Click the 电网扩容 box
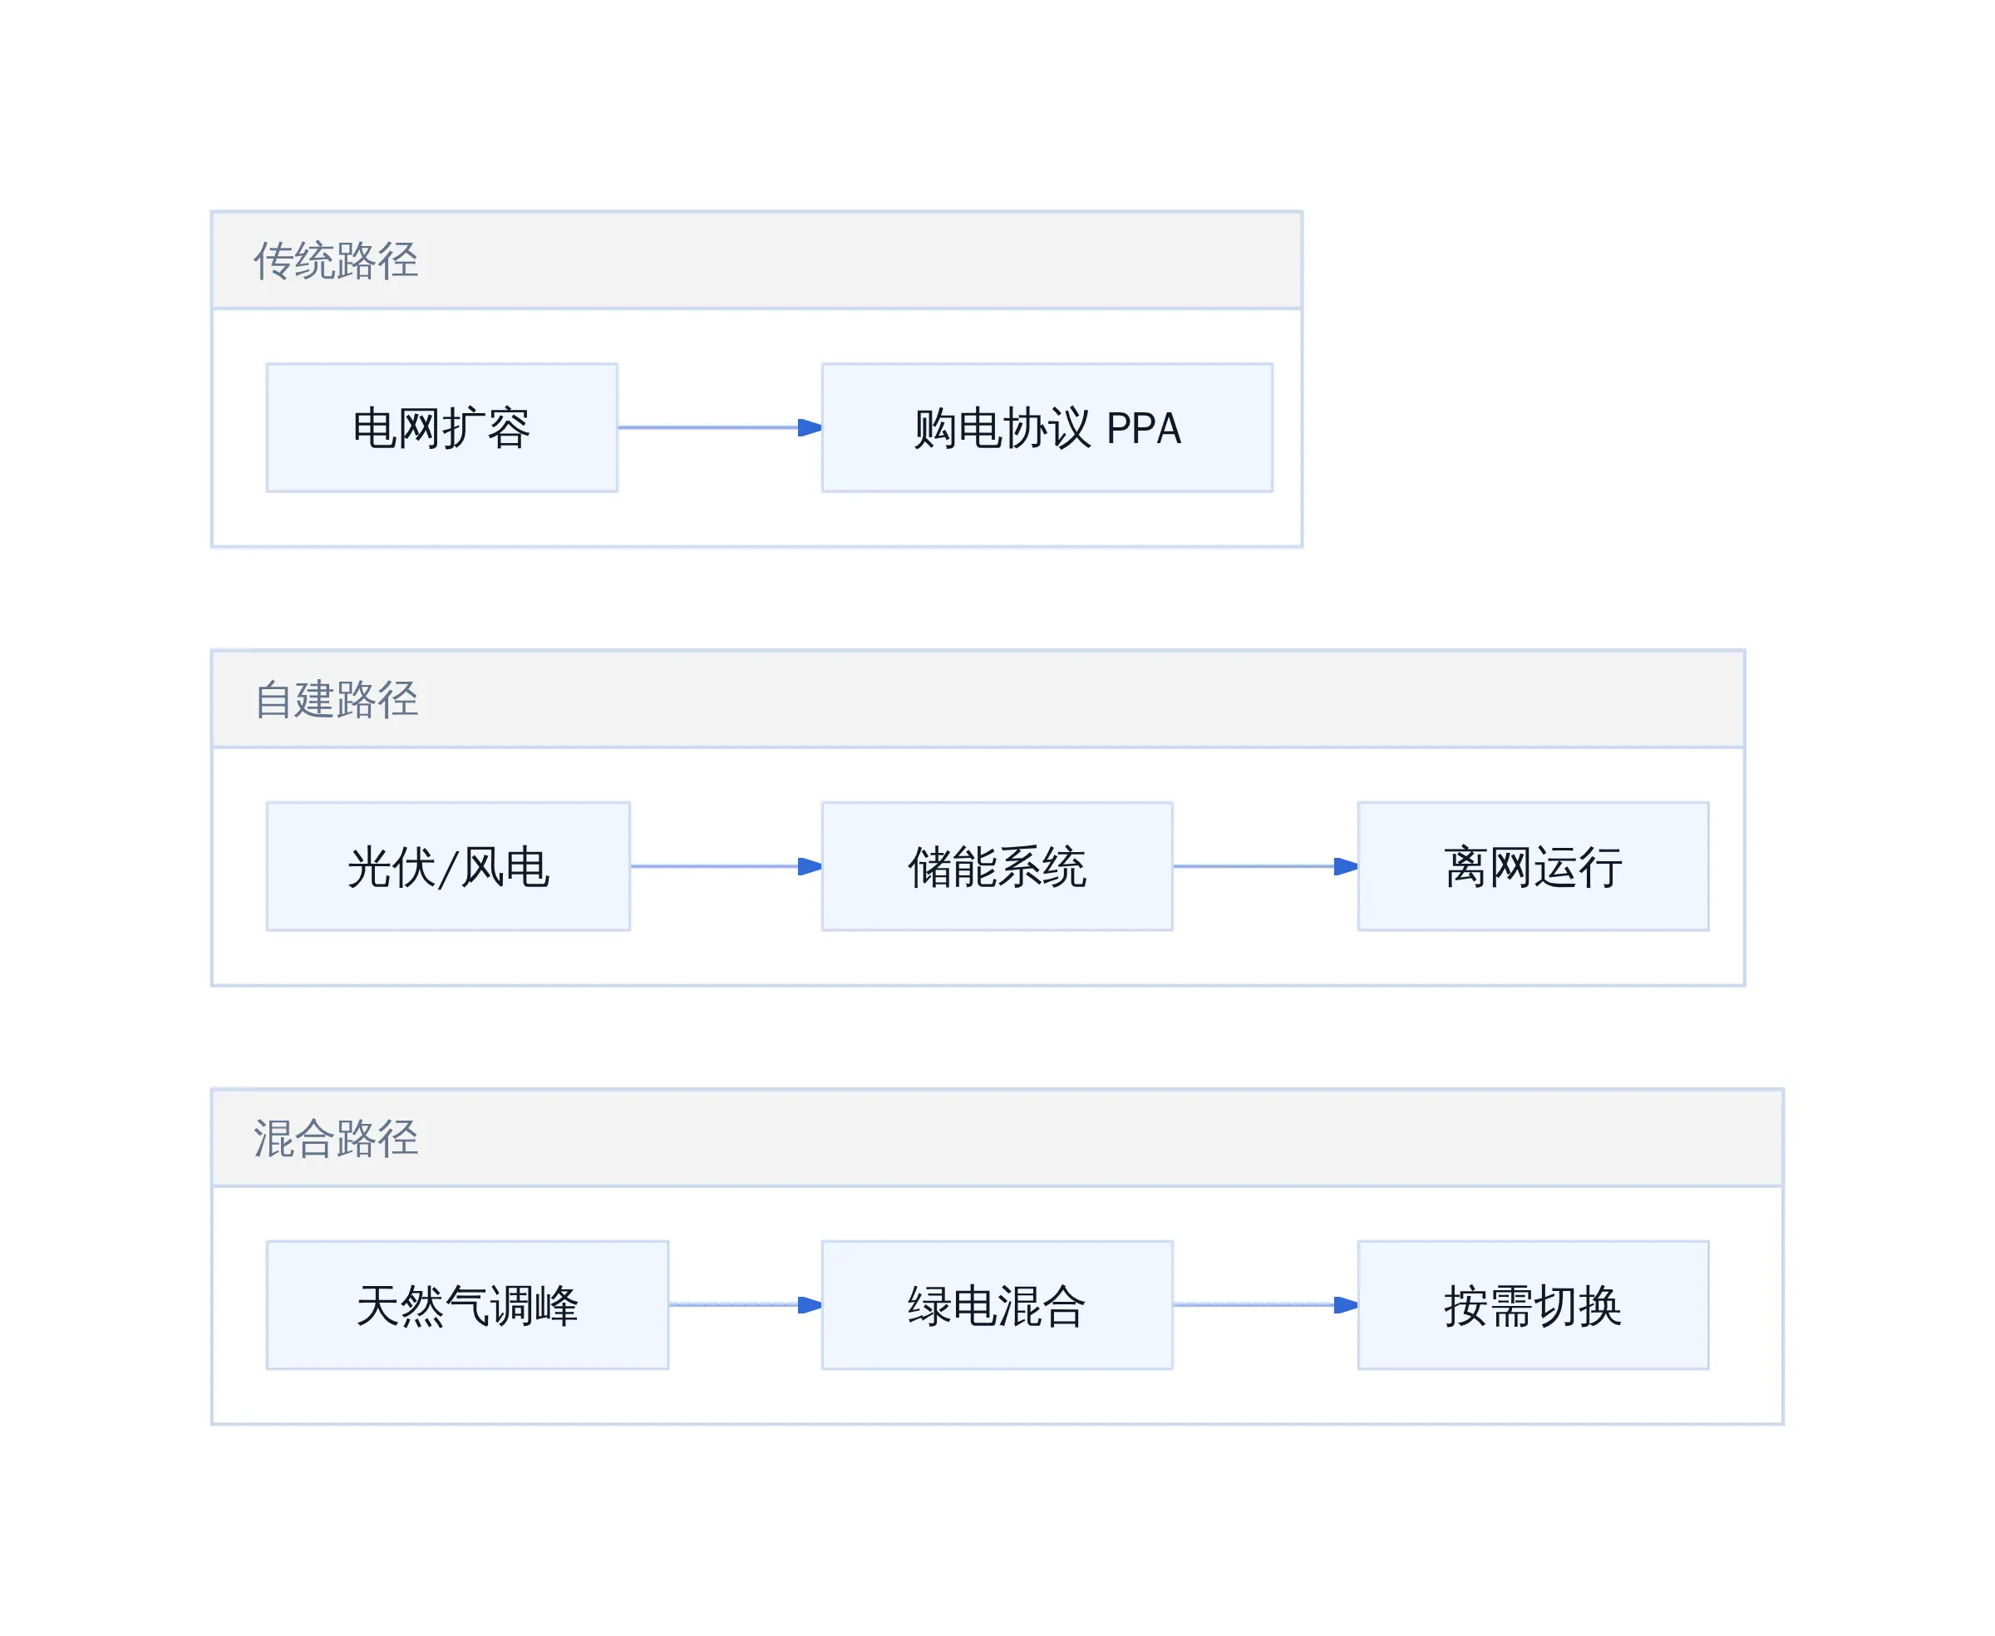442,428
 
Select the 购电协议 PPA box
1047,428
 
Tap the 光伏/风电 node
449,867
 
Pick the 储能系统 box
997,867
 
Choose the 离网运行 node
1533,867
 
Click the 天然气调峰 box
467,1305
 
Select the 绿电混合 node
997,1305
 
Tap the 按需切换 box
1533,1305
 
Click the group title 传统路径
336,261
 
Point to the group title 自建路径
336,700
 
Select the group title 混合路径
336,1138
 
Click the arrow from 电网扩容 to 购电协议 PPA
720,428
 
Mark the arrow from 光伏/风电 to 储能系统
726,867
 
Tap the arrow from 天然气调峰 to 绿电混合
746,1305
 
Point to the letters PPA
1143,429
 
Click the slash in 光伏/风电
449,868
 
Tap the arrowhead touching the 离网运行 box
1347,867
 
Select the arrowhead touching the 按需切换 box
1347,1305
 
